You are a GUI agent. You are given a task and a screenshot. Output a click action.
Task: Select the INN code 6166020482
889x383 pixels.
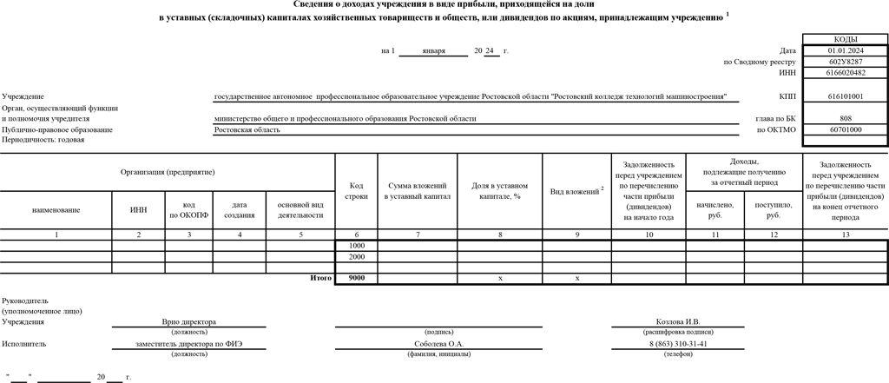click(845, 73)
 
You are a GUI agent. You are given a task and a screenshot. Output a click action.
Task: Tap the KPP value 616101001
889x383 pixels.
click(845, 96)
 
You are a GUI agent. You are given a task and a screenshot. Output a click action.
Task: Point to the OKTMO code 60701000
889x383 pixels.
click(845, 129)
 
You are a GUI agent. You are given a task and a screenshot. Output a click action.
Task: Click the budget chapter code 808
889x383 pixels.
click(845, 118)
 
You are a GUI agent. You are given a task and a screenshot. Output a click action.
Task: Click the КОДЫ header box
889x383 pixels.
click(845, 40)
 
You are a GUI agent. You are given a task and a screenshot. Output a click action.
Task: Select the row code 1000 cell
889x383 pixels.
click(356, 247)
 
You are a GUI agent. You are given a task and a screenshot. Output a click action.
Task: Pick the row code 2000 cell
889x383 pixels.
click(356, 257)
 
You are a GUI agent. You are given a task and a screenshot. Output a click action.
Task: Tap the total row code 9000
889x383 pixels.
click(356, 278)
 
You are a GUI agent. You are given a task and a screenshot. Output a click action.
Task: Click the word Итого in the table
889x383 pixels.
click(321, 278)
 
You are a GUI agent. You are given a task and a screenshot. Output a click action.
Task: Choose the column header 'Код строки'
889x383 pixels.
click(356, 191)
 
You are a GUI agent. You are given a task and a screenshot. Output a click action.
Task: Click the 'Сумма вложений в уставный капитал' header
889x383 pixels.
click(417, 191)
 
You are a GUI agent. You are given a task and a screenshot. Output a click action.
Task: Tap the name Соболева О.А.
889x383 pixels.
click(440, 344)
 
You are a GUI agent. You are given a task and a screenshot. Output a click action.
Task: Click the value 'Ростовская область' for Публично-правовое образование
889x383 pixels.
click(247, 129)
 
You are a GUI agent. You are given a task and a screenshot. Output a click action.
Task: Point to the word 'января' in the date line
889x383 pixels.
click(433, 51)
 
